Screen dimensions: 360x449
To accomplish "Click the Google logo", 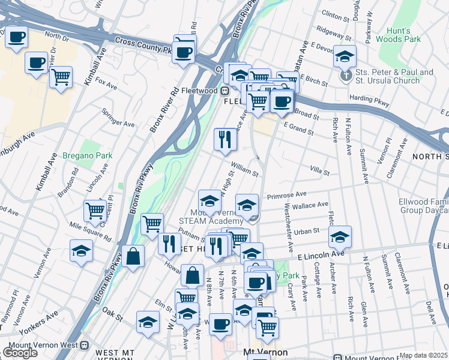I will click(x=20, y=353).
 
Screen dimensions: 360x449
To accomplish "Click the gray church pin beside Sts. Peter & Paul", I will click(x=346, y=76).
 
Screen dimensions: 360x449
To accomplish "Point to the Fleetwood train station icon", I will click(x=224, y=91).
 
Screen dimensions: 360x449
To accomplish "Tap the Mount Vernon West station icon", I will click(x=84, y=346).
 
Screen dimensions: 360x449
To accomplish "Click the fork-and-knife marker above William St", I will click(x=226, y=139).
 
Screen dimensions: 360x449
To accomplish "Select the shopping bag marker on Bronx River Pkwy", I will click(x=133, y=256).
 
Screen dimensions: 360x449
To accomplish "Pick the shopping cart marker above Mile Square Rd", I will click(x=95, y=211).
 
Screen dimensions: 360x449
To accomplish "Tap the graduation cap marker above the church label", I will click(x=345, y=56).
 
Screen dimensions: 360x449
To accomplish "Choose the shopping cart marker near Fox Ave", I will click(x=61, y=77).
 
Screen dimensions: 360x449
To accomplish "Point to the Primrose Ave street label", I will click(x=287, y=194).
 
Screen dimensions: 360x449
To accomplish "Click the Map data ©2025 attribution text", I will click(x=424, y=355).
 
